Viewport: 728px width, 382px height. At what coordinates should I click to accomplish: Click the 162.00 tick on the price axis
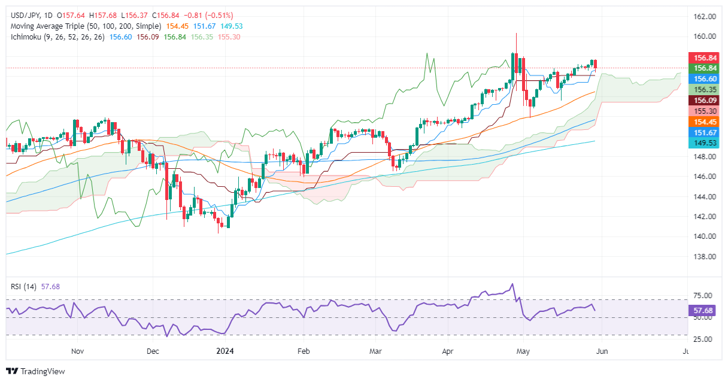706,17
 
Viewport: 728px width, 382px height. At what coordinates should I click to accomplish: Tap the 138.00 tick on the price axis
706,256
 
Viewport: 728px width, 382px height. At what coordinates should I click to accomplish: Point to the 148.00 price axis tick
706,157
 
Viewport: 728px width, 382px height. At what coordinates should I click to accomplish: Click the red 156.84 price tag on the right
706,58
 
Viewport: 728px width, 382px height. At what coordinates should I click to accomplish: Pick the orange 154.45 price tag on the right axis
706,122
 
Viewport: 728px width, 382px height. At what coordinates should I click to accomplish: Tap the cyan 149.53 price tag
706,143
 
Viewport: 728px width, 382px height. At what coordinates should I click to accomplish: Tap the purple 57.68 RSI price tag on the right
706,311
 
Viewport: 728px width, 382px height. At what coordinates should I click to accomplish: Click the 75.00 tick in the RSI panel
706,296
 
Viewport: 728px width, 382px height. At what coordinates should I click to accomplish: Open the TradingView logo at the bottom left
36,371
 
